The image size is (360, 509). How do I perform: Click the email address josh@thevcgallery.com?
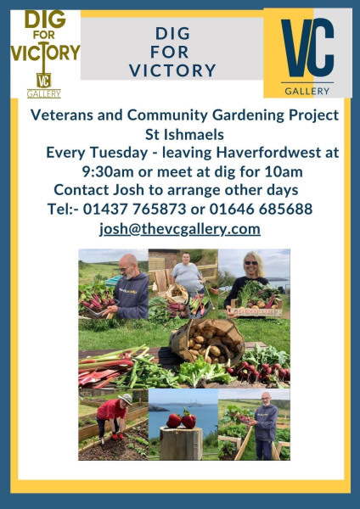[x=180, y=229]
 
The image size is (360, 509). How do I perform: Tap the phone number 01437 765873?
[x=134, y=209]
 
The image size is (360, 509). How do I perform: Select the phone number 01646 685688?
[x=261, y=209]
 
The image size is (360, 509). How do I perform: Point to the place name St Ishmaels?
[x=184, y=134]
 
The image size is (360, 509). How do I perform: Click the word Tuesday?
[x=119, y=153]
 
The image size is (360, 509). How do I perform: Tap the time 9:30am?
[x=108, y=171]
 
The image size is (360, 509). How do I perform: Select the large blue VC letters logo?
[x=307, y=48]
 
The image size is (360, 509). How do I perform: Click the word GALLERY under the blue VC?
[x=307, y=92]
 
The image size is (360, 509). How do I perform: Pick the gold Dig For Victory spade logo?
[x=44, y=53]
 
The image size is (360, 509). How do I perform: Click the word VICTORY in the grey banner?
[x=172, y=70]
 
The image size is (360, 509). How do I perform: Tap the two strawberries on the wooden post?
[x=182, y=419]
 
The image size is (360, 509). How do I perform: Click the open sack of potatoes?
[x=207, y=342]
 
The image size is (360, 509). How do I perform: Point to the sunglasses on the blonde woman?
[x=250, y=263]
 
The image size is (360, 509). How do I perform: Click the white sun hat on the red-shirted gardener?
[x=126, y=399]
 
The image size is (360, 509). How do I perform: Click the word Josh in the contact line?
[x=128, y=190]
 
